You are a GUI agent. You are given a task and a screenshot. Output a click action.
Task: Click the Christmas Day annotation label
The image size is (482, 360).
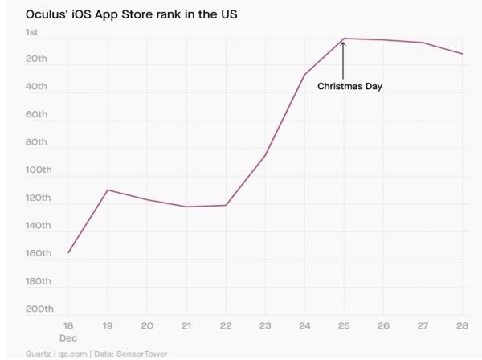coord(349,86)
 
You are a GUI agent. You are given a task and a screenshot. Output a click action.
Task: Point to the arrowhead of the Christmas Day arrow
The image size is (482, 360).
coord(343,43)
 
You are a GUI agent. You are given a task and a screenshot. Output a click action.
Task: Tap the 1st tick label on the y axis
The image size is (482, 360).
coord(32,32)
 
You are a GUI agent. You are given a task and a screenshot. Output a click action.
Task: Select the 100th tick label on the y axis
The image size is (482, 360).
coord(38,170)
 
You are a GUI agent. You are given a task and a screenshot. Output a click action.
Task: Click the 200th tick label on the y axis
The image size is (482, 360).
coord(38,309)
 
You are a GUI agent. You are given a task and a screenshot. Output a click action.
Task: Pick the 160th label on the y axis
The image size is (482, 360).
coord(38,254)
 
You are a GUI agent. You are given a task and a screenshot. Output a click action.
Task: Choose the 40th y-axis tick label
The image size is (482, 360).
coord(35,87)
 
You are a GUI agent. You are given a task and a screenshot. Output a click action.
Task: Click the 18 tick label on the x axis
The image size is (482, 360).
coord(67,325)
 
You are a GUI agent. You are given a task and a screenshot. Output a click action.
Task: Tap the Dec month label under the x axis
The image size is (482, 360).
coord(67,338)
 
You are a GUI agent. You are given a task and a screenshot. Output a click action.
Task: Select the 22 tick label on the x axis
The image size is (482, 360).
coord(226,325)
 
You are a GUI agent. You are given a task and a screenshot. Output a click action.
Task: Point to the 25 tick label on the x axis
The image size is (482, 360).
coord(344,325)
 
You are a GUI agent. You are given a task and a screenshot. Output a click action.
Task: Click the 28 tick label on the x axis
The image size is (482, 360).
coord(463,325)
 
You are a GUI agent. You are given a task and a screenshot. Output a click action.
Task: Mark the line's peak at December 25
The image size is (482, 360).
coord(344,38)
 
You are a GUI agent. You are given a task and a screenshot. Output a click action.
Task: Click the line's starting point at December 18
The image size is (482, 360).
coord(68,253)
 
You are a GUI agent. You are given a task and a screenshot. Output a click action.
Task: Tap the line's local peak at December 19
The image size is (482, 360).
coord(108,190)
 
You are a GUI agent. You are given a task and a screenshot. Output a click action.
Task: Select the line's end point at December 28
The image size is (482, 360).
coord(463,54)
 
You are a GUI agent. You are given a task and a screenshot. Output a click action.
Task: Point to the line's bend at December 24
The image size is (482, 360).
coord(304,74)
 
